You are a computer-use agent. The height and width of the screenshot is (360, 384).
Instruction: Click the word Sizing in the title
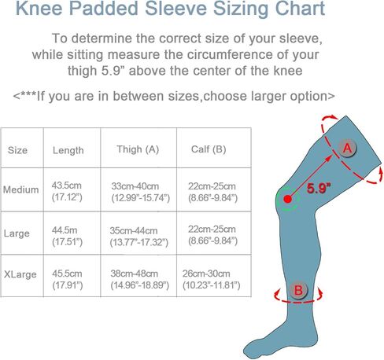241,9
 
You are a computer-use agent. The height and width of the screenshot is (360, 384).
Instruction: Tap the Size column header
17,150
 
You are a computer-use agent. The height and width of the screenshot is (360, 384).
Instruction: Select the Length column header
68,150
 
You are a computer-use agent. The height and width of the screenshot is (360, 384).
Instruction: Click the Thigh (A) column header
138,149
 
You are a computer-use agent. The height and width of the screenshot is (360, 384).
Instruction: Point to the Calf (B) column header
209,149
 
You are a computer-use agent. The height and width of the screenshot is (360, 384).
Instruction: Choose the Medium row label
20,189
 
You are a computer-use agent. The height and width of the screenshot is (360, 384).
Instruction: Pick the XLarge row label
20,274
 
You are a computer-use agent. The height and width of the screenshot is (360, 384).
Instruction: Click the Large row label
17,233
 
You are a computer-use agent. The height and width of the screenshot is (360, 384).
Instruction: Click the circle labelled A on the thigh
347,148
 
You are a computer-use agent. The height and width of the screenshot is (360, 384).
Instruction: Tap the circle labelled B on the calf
298,290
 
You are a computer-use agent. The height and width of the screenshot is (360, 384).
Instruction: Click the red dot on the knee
288,199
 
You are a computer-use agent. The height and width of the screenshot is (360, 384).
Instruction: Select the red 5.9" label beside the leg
319,188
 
